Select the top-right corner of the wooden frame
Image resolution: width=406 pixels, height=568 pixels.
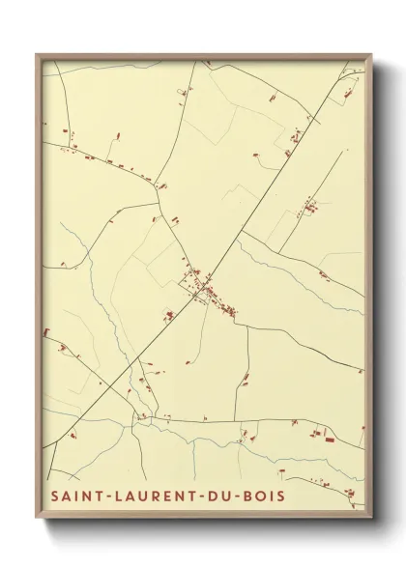(371, 55)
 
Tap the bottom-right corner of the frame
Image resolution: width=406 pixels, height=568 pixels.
(371, 520)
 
